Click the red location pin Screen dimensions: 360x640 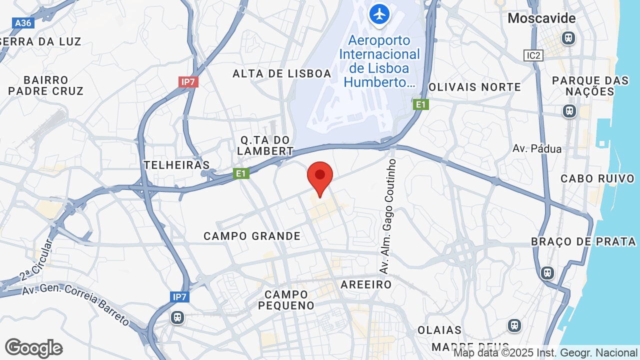pyautogui.click(x=320, y=176)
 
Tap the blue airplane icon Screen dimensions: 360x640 pyautogui.click(x=380, y=14)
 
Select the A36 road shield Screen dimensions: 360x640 pyautogui.click(x=23, y=23)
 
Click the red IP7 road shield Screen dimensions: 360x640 pyautogui.click(x=188, y=81)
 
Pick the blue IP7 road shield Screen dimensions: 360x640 pyautogui.click(x=179, y=297)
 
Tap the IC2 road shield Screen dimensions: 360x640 pyautogui.click(x=533, y=55)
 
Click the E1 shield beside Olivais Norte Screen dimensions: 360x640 pyautogui.click(x=421, y=104)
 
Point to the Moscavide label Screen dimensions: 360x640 pyautogui.click(x=534, y=18)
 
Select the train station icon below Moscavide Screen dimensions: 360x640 pyautogui.click(x=568, y=37)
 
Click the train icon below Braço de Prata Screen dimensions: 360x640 pyautogui.click(x=547, y=272)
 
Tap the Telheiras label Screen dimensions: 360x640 pyautogui.click(x=176, y=165)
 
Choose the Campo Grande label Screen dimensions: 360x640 pyautogui.click(x=252, y=236)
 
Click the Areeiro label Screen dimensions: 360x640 pyautogui.click(x=366, y=284)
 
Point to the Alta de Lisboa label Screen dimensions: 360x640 pyautogui.click(x=282, y=74)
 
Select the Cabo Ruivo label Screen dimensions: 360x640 pyautogui.click(x=597, y=178)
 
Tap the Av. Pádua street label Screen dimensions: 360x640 pyautogui.click(x=537, y=149)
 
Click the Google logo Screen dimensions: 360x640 pyautogui.click(x=33, y=348)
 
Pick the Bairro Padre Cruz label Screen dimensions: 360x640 pyautogui.click(x=46, y=85)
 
